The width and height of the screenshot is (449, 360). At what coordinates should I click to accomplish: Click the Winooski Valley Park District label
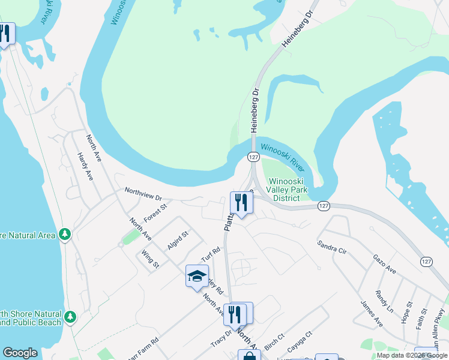tap(286, 190)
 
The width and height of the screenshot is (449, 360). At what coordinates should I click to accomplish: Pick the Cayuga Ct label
tap(300, 341)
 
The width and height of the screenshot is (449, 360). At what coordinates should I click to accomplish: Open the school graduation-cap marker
tap(197, 276)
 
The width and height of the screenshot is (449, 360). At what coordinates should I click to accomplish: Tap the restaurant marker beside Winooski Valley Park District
tap(241, 203)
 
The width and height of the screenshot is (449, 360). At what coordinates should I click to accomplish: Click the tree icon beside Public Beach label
tap(71, 316)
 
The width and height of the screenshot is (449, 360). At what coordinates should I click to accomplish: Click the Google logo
tap(20, 353)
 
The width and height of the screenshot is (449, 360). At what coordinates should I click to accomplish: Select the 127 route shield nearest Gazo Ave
tap(426, 262)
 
